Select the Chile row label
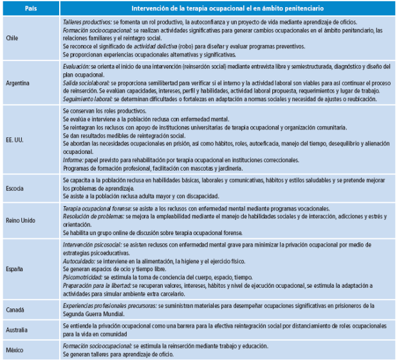(x=12, y=38)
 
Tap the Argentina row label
(x=17, y=84)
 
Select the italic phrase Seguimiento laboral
(x=88, y=99)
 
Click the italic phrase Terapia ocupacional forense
(x=95, y=209)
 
